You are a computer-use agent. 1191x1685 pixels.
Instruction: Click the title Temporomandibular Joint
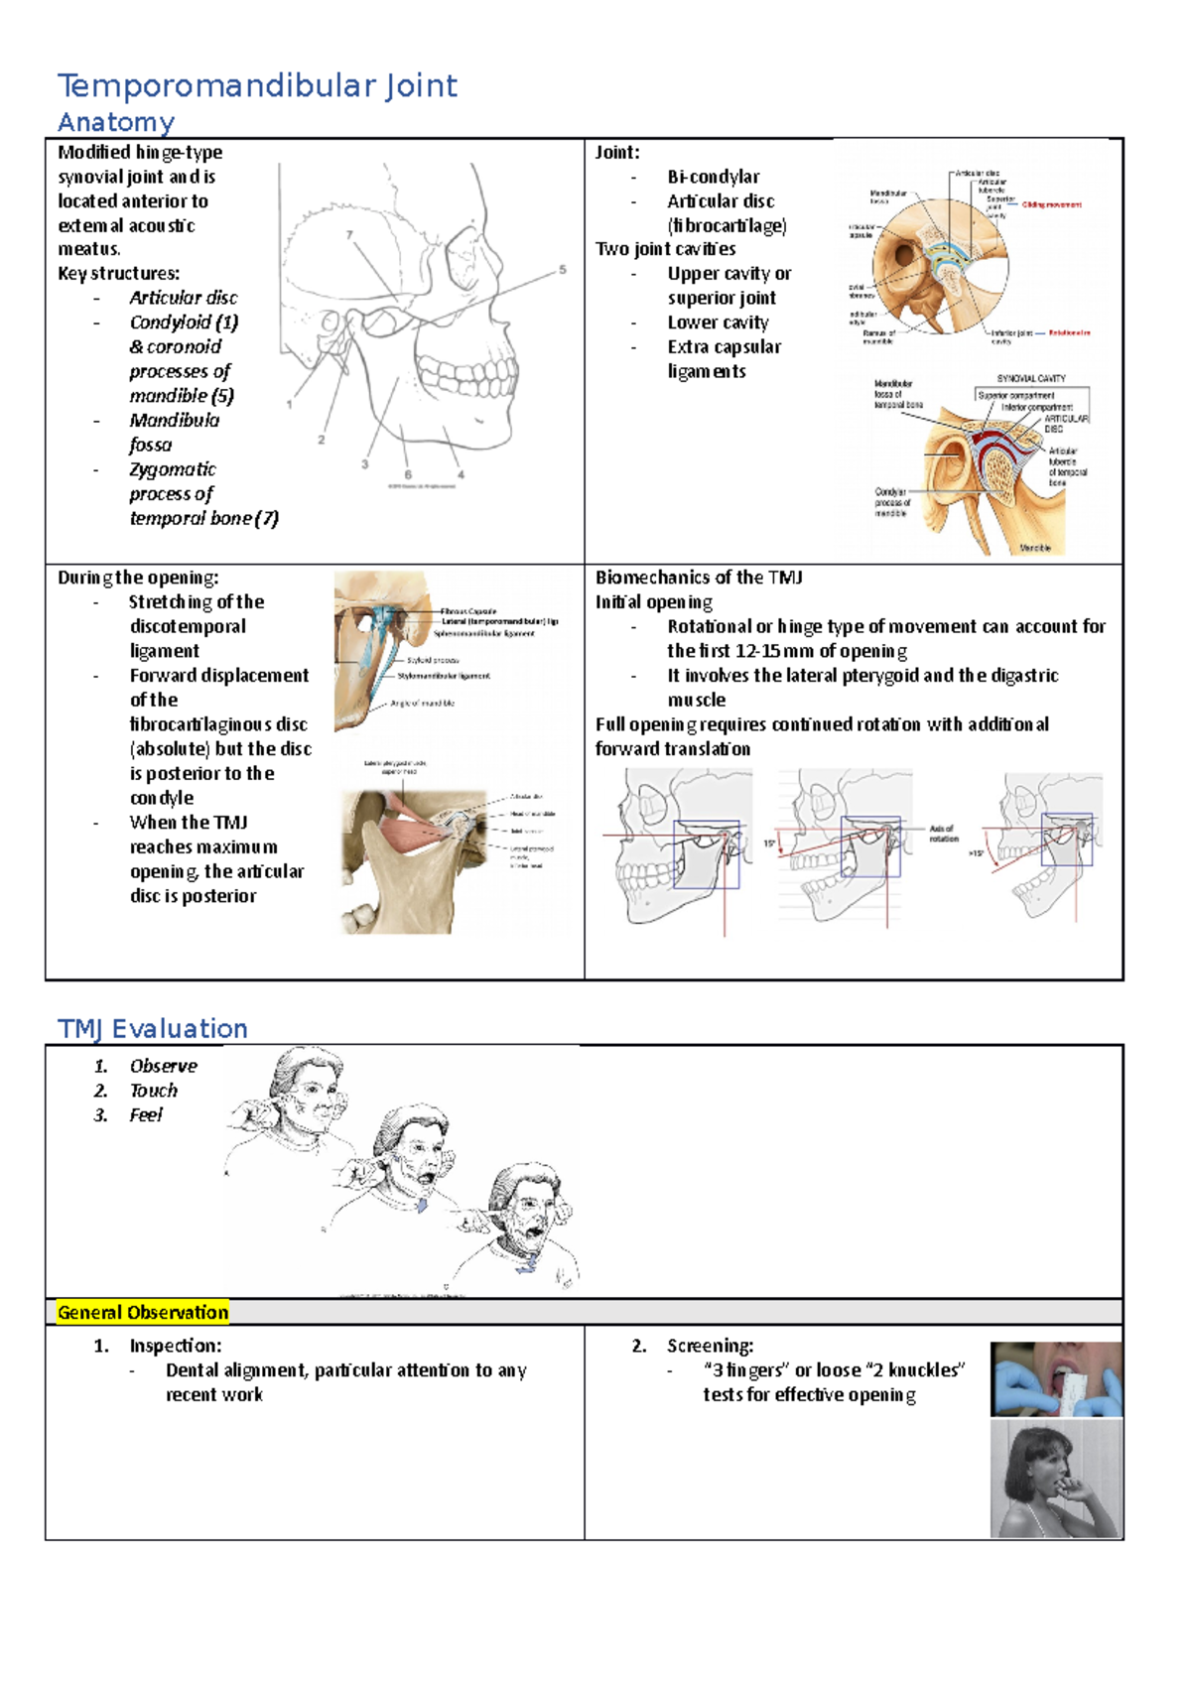coord(257,86)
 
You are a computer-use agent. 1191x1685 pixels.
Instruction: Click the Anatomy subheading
coord(116,123)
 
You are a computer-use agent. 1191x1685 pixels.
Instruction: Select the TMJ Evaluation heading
coord(153,1029)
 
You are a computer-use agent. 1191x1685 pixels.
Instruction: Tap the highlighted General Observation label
coord(143,1313)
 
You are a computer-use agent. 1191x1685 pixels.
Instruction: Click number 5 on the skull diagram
coord(563,270)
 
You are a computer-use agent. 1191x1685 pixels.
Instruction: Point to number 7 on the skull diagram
coord(349,235)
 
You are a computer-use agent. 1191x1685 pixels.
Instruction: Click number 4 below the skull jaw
coord(461,475)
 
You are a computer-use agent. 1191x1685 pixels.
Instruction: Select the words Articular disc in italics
coord(183,298)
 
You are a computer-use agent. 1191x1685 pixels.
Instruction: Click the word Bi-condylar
coord(713,177)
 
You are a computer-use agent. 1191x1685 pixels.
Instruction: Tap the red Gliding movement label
coord(1051,204)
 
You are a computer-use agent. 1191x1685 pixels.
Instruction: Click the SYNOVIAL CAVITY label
coord(1031,378)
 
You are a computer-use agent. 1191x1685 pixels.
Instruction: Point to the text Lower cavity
coord(718,323)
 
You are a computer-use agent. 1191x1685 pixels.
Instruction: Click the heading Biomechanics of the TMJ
coord(699,578)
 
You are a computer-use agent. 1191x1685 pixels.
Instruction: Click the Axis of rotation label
coord(943,833)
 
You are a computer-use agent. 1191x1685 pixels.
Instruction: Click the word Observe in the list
coord(163,1066)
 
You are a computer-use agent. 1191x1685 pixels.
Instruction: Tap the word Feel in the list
coord(145,1115)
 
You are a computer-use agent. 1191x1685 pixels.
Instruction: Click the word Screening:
coord(710,1346)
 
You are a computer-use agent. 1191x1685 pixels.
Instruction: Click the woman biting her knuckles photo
coord(1056,1479)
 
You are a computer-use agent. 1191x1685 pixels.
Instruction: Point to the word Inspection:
coord(175,1346)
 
